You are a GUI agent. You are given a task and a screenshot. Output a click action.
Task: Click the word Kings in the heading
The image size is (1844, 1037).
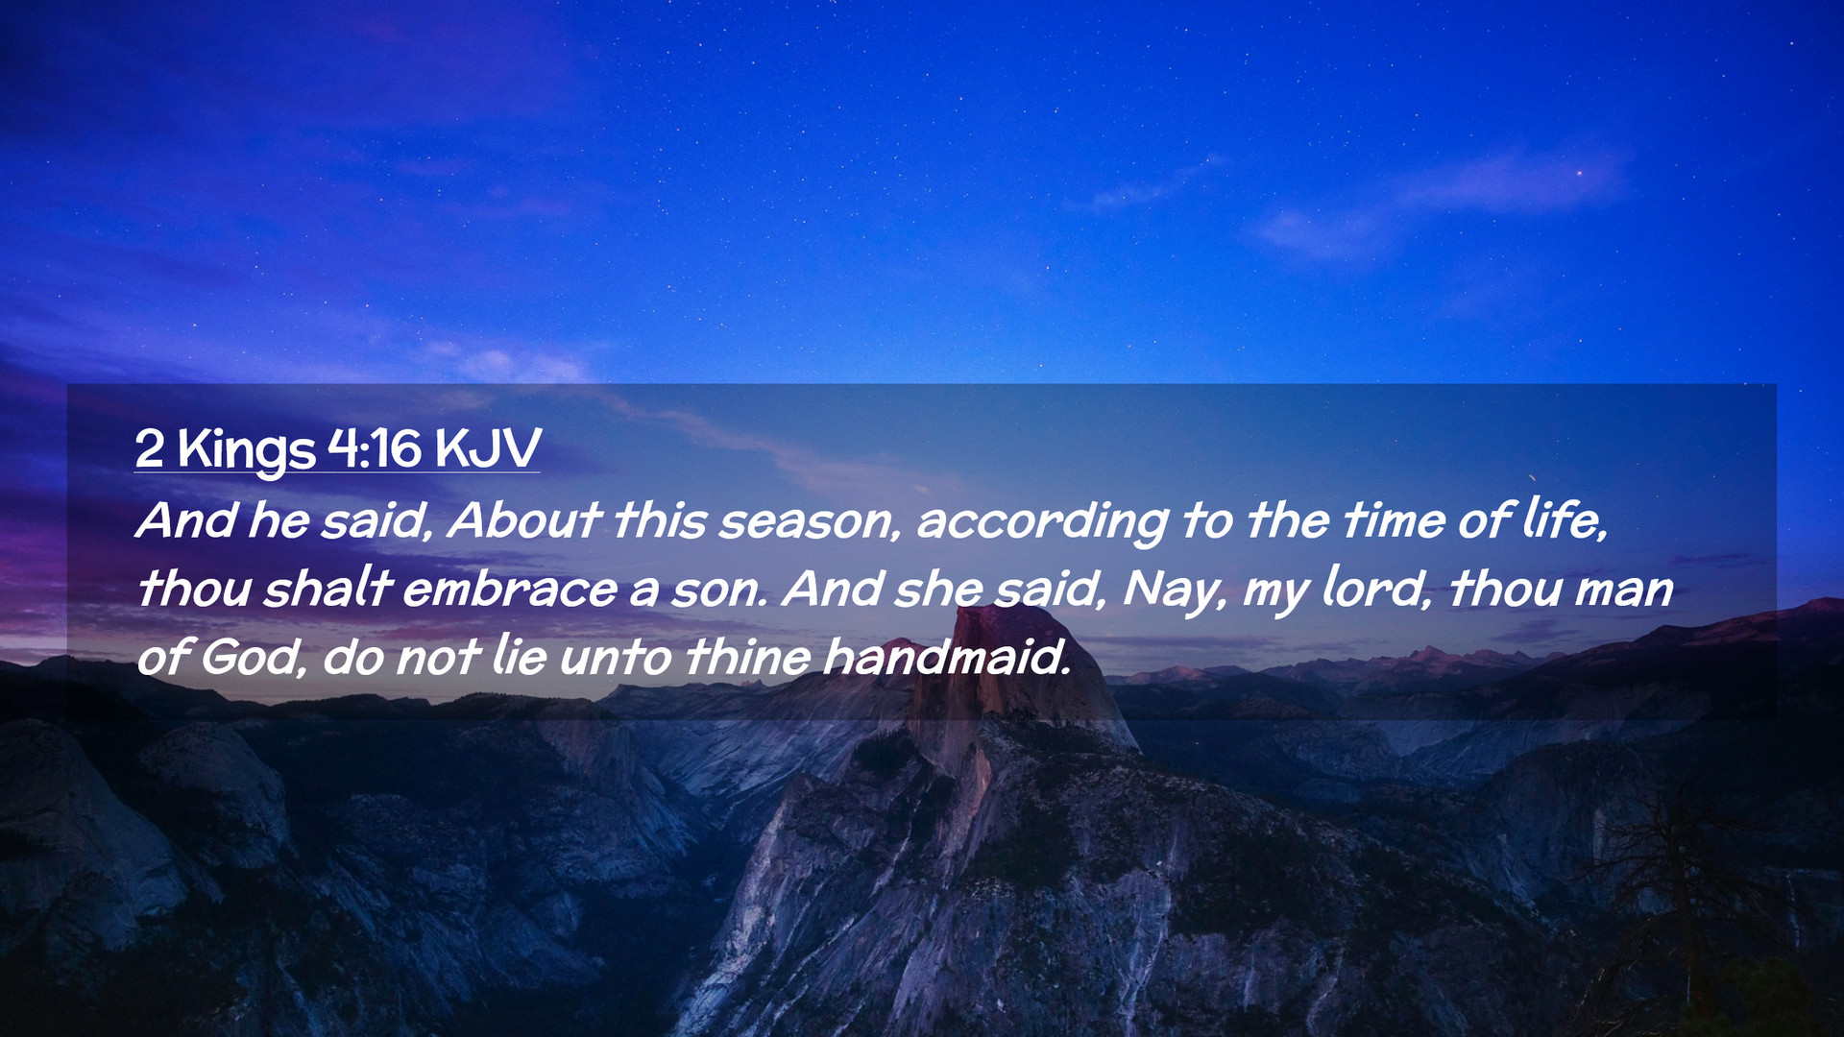coord(246,448)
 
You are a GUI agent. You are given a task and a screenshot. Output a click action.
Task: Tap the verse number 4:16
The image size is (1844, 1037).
coord(375,447)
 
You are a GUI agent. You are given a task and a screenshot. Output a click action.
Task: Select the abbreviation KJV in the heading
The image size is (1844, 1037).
coord(488,447)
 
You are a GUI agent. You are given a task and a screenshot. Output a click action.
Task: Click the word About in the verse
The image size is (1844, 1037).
coord(523,519)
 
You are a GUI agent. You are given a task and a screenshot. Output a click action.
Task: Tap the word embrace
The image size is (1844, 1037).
coord(509,589)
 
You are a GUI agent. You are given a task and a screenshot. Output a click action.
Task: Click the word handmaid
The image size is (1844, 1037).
coord(946,657)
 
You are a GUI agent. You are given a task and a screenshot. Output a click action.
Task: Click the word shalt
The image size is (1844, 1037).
coord(328,588)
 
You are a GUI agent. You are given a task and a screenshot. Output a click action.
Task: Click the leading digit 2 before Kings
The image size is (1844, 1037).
coord(149,448)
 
